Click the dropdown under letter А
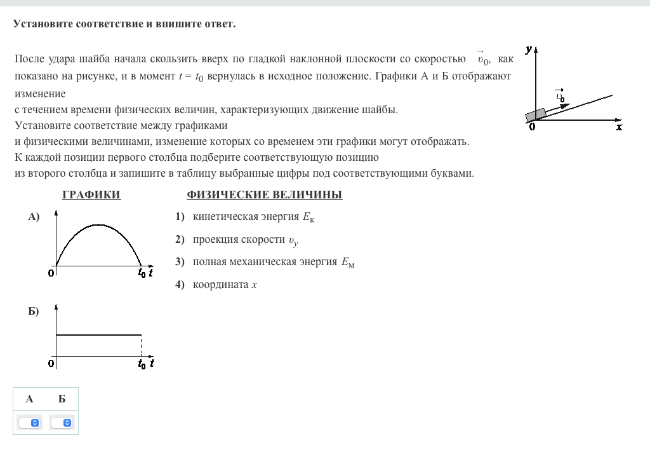pos(30,422)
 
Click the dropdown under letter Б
pos(62,422)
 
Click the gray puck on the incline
pos(536,114)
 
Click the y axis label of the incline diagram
pos(528,49)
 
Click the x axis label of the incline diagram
pos(620,127)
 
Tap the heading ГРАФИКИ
pos(91,195)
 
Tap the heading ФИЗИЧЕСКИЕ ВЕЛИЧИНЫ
pos(264,195)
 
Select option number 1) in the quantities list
pos(180,217)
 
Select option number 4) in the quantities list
pos(180,285)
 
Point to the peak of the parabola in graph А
pos(98,224)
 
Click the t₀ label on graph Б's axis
pos(142,364)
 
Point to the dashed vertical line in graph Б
pos(141,346)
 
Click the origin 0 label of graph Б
pos(51,364)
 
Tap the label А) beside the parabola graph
pos(34,217)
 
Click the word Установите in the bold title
pos(43,24)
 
